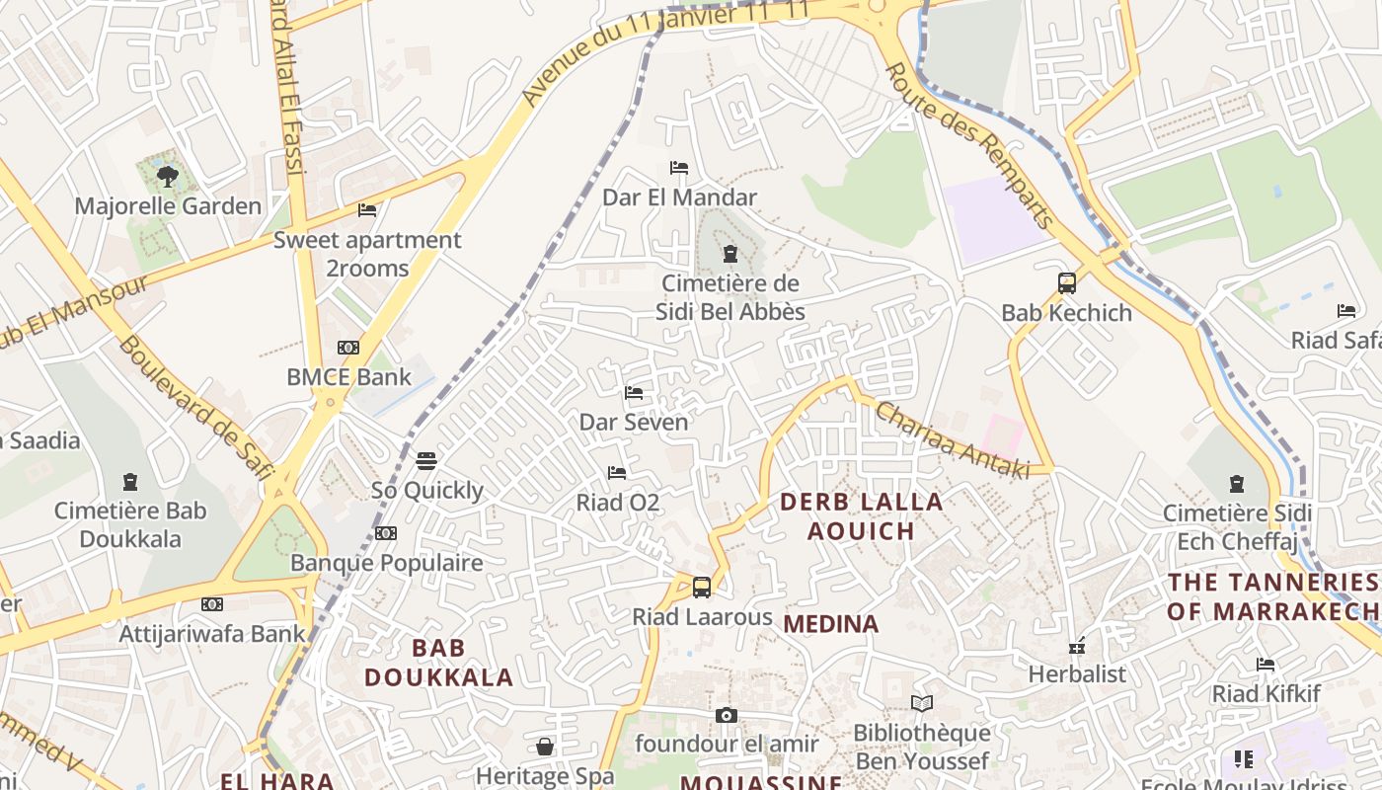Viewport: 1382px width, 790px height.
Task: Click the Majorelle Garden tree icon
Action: (x=168, y=177)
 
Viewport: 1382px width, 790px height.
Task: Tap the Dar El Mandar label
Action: (x=679, y=197)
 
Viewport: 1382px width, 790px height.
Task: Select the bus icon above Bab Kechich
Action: (x=1066, y=283)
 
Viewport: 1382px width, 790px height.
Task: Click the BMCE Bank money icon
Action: (x=348, y=348)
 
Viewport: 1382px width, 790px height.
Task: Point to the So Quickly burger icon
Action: (x=426, y=460)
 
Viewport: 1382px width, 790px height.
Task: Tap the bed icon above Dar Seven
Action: (x=634, y=393)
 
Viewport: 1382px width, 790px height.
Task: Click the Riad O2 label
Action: (x=617, y=503)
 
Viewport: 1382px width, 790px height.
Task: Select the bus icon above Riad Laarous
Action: (x=702, y=588)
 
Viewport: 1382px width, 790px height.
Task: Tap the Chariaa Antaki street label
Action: (x=952, y=440)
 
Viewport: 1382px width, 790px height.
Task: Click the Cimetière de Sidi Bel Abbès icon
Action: (x=729, y=255)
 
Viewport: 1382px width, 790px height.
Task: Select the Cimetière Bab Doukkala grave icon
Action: (x=130, y=483)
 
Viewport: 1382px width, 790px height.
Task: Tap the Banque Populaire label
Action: (x=386, y=564)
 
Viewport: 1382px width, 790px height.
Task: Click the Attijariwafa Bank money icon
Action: (x=212, y=604)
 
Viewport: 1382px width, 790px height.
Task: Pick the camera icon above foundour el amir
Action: (x=727, y=715)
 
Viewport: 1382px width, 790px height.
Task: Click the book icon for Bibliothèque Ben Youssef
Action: (x=922, y=704)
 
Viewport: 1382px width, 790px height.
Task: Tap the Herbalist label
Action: (x=1077, y=674)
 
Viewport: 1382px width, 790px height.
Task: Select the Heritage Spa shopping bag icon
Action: (x=545, y=747)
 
